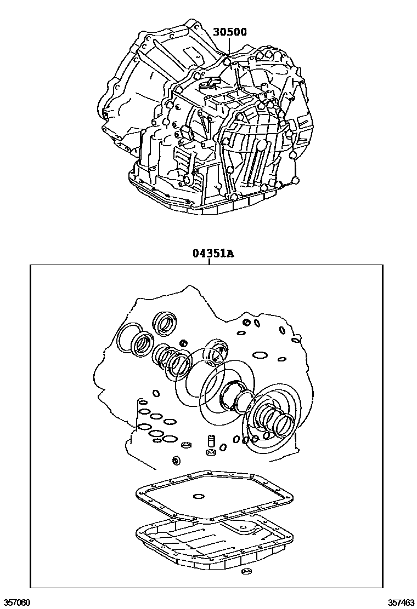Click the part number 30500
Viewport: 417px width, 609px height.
[x=229, y=32]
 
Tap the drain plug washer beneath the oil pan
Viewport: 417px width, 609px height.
[x=246, y=573]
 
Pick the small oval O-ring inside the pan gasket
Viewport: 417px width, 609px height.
[x=198, y=498]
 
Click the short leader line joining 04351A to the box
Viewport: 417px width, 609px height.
[x=210, y=261]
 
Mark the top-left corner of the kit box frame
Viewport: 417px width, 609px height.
[x=30, y=265]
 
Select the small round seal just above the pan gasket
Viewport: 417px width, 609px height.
[x=177, y=460]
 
